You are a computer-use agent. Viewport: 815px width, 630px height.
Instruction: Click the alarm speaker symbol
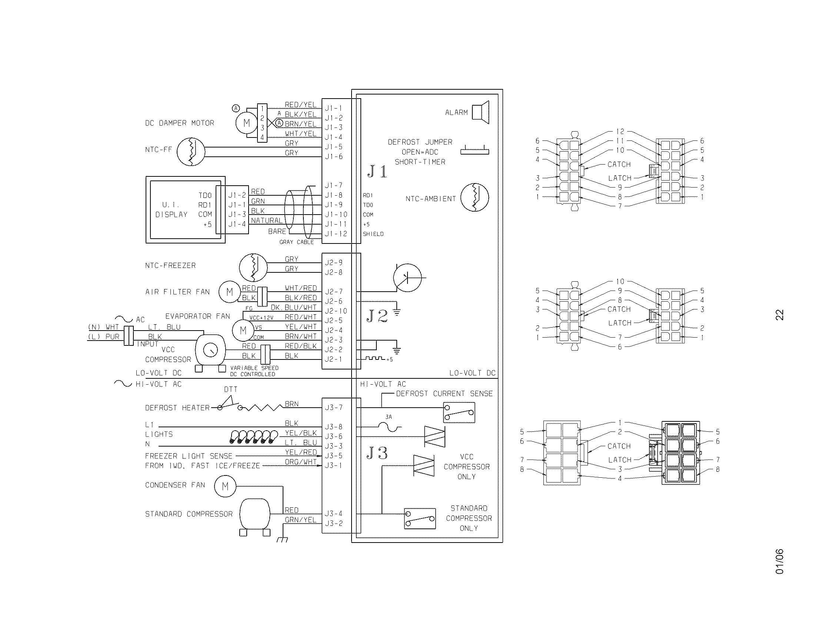click(480, 112)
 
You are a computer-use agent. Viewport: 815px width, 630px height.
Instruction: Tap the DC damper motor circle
click(246, 123)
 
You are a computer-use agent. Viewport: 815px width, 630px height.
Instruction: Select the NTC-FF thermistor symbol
click(191, 152)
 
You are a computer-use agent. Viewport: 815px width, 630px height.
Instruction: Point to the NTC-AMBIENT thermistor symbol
click(475, 198)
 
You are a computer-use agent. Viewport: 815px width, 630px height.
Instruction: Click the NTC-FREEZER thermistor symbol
click(253, 268)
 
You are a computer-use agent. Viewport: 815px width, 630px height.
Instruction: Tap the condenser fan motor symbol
click(225, 486)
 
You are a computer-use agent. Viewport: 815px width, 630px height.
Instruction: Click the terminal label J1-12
click(336, 234)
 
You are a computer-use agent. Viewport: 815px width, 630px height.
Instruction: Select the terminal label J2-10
click(336, 311)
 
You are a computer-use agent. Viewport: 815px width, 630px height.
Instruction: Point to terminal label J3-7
click(334, 408)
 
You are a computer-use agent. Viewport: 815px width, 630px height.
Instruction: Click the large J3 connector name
click(377, 453)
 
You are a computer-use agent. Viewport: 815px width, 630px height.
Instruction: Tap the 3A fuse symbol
click(389, 427)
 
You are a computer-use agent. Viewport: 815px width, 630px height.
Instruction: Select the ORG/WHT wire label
click(300, 462)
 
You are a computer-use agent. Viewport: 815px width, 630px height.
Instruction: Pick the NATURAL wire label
click(267, 220)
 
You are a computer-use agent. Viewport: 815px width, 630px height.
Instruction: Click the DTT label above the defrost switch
click(231, 389)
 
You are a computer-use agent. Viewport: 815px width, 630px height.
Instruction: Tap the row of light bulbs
click(254, 437)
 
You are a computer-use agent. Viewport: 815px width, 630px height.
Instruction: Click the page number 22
click(779, 315)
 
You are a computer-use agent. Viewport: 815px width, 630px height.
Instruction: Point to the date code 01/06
click(779, 561)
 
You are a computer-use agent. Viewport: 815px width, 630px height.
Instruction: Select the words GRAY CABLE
click(296, 242)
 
